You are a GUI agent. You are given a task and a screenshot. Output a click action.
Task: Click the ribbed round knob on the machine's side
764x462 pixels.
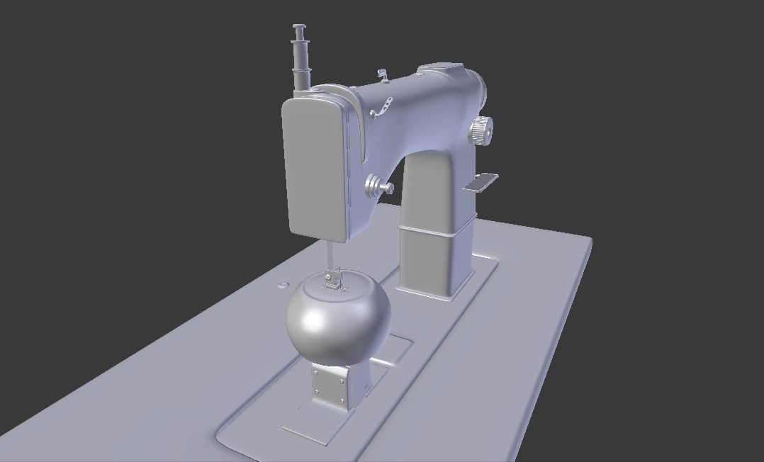481,130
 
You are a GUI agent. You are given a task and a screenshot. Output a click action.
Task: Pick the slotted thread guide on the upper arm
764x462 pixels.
383,107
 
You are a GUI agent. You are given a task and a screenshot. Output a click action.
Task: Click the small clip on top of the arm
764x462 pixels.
383,74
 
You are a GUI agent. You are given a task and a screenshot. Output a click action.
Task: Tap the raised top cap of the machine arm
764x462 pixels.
443,69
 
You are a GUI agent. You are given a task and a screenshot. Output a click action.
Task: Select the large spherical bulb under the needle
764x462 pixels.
339,317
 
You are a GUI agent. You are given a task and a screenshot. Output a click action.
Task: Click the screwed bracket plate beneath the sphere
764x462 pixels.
332,388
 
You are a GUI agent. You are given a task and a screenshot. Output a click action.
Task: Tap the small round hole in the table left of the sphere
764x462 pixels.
283,285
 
